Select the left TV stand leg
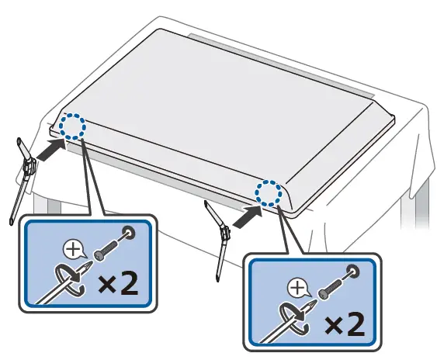pos(24,175)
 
